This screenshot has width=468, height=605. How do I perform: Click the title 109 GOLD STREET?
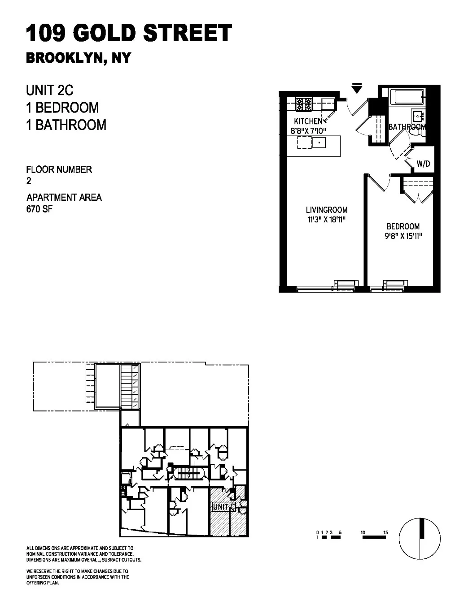tap(129, 34)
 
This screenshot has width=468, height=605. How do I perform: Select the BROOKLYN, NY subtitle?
tap(79, 59)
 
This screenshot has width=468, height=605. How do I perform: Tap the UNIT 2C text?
tap(50, 90)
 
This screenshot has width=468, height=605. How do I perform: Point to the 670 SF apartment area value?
tap(39, 208)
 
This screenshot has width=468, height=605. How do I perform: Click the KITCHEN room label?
tap(308, 121)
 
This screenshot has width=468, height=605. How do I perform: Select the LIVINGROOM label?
tap(327, 210)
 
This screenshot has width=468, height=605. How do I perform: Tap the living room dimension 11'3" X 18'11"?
tap(327, 220)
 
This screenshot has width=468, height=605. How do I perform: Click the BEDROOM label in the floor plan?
tap(403, 226)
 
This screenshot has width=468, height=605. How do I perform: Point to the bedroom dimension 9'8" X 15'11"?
tap(403, 236)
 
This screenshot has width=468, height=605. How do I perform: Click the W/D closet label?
tap(423, 164)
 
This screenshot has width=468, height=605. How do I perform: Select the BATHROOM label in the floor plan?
tap(407, 127)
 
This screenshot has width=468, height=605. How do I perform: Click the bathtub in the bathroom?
tap(407, 96)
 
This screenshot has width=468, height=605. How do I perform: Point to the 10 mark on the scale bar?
tap(363, 532)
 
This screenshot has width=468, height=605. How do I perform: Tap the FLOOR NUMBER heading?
tap(59, 169)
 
